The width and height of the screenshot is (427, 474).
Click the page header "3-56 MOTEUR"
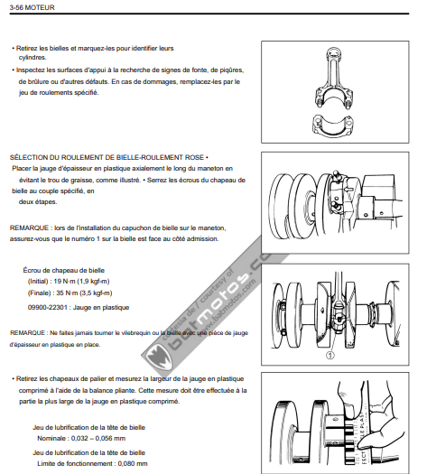pos(32,7)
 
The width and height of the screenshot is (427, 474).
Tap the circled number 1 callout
pos(330,356)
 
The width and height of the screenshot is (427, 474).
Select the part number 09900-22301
pos(48,308)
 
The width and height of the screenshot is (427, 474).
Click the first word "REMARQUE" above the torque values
pos(29,228)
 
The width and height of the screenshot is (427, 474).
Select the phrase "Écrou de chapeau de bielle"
pos(64,270)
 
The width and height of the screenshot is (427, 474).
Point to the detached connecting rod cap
pos(332,125)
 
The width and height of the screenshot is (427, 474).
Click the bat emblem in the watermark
pos(158,358)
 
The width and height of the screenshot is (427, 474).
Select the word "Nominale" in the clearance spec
pos(51,438)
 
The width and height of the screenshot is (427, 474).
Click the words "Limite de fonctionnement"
pos(75,463)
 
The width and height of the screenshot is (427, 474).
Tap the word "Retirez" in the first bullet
pos(27,49)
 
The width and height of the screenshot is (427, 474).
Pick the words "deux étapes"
pos(38,201)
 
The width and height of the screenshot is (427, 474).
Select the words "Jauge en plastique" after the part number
pos(101,308)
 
